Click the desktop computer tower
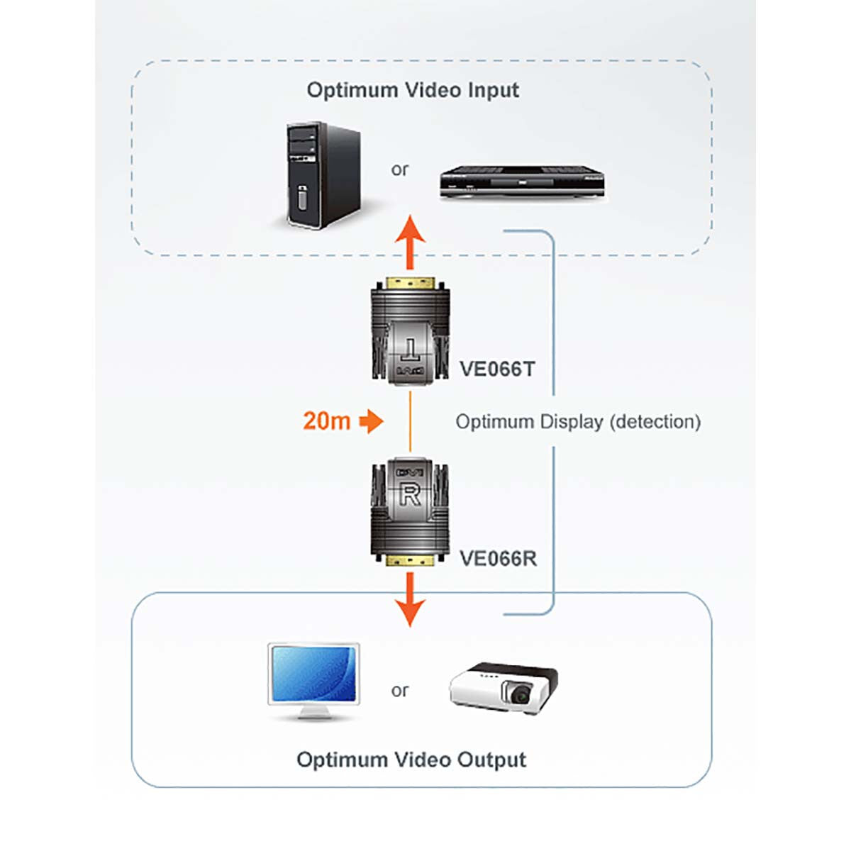pyautogui.click(x=323, y=175)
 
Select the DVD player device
pyautogui.click(x=521, y=184)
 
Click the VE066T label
pyautogui.click(x=497, y=369)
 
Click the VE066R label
pyautogui.click(x=498, y=558)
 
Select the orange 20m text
pyautogui.click(x=326, y=421)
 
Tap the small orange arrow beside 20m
pyautogui.click(x=371, y=421)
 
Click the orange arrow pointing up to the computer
pyautogui.click(x=410, y=241)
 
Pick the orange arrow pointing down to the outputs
pyautogui.click(x=410, y=600)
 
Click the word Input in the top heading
pyautogui.click(x=493, y=90)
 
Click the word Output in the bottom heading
pyautogui.click(x=491, y=760)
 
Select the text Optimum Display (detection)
pyautogui.click(x=577, y=421)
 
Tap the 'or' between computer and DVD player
pyautogui.click(x=399, y=169)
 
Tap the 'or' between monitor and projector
pyautogui.click(x=399, y=690)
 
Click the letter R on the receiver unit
pyautogui.click(x=409, y=494)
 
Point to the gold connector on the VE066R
pyautogui.click(x=410, y=561)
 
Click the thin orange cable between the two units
pyautogui.click(x=410, y=421)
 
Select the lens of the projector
pyautogui.click(x=522, y=694)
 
